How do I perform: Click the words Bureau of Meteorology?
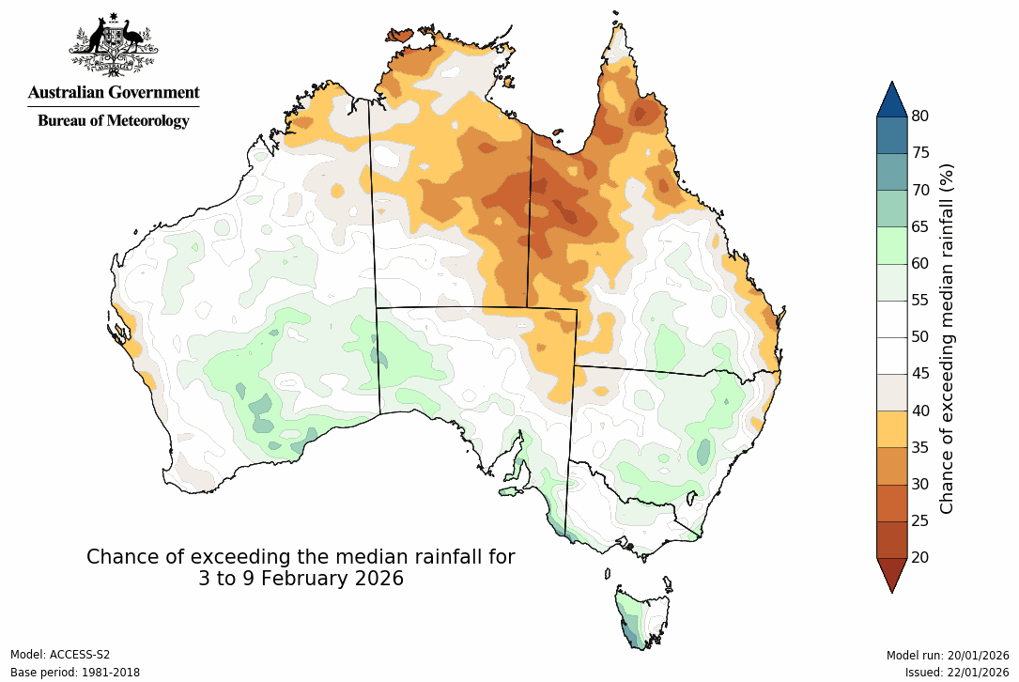[113, 120]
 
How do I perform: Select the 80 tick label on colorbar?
[920, 116]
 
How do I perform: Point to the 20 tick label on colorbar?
[920, 557]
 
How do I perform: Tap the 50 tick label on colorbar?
[920, 336]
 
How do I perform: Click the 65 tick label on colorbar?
[920, 226]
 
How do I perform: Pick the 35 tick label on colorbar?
[920, 447]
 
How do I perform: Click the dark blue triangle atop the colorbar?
[891, 100]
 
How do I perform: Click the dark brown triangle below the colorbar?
[891, 573]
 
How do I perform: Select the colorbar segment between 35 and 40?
[891, 428]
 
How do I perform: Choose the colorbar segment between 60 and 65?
[891, 244]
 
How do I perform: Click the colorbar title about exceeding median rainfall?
[947, 337]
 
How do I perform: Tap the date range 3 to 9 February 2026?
[301, 579]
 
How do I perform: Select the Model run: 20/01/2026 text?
[947, 655]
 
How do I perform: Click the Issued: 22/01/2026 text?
[956, 672]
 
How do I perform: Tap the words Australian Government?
[113, 92]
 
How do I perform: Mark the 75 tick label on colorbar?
[920, 152]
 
